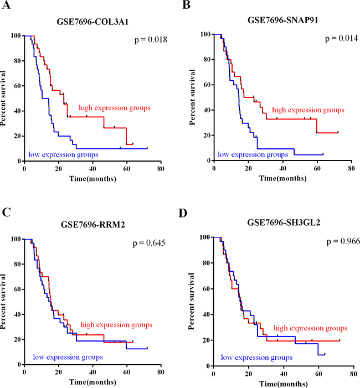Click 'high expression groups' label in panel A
115,107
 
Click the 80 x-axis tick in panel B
351,169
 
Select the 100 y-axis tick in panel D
203,237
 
